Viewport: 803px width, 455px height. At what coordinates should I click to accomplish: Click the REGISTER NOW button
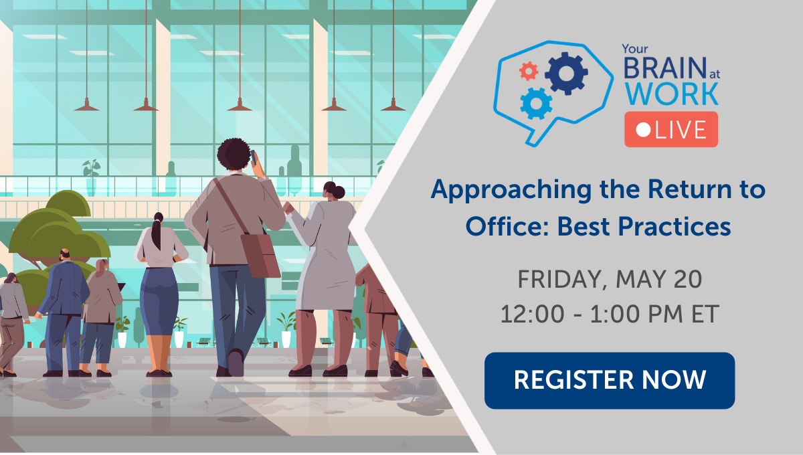point(610,380)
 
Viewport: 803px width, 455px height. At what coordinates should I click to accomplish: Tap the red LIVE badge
point(671,130)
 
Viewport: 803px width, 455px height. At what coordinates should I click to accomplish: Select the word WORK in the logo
point(671,94)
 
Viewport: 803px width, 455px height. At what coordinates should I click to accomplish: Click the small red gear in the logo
point(529,70)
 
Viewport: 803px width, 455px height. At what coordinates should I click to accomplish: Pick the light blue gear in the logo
point(536,103)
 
